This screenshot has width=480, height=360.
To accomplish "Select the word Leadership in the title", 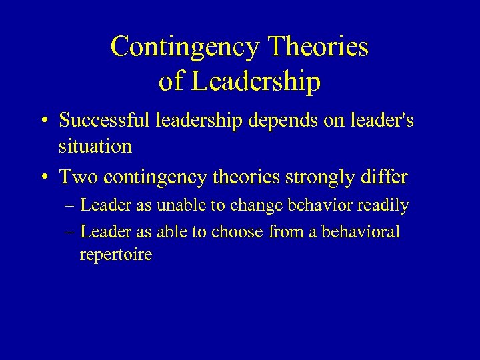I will [x=257, y=82].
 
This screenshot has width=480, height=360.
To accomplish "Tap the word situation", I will [x=95, y=146].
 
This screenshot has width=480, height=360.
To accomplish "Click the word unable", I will [x=182, y=206].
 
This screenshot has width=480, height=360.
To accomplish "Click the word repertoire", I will [x=115, y=255].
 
